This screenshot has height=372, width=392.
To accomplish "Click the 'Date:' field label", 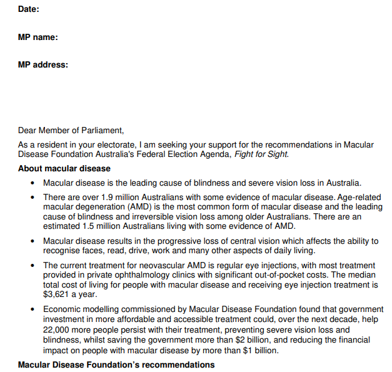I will (28, 9).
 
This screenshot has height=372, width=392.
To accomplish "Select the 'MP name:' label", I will (38, 37).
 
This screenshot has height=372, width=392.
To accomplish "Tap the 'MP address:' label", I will (43, 64).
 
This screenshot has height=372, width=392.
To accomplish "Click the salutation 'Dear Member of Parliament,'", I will (71, 130).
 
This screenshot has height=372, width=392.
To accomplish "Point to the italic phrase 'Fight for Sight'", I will (261, 154).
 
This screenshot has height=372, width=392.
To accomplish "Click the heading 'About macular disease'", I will (64, 168).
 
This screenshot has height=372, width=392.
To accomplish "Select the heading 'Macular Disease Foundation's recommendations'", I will (116, 364).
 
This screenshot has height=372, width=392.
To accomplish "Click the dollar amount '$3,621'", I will (57, 294).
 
